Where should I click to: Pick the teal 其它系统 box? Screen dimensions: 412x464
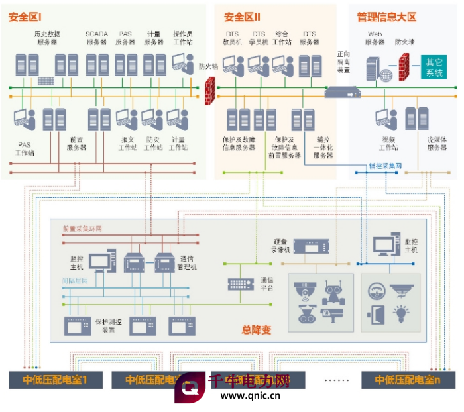click(x=435, y=68)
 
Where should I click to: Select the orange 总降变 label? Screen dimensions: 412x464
click(x=256, y=330)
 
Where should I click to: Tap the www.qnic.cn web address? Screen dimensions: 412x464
click(x=250, y=397)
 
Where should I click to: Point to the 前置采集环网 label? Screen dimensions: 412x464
click(x=82, y=229)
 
